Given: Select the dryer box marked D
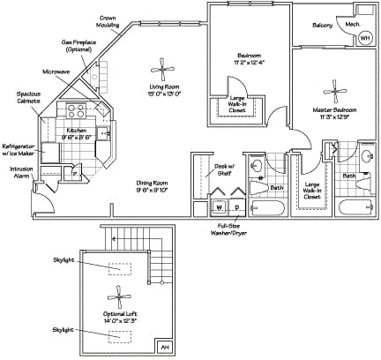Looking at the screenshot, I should tap(236, 207).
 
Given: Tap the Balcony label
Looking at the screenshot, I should tap(322, 25).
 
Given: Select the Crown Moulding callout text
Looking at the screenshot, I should tap(109, 21).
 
